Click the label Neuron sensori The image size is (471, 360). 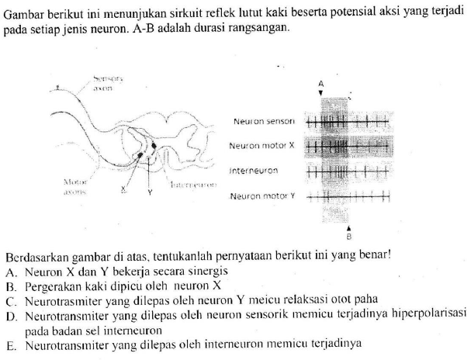(263, 123)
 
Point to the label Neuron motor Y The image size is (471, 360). (262, 198)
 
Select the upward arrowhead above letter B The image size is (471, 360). (348, 227)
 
